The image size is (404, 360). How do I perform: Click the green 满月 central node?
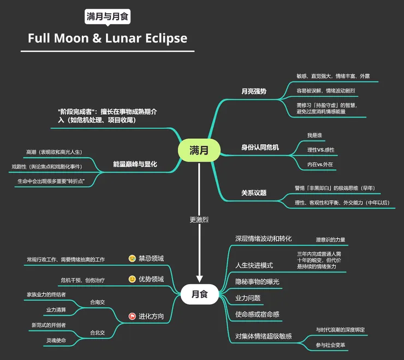[199, 150]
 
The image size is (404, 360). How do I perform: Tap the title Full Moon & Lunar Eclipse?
[108, 38]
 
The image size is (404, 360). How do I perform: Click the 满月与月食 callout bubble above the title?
[108, 16]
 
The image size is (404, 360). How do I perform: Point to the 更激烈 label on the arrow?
[199, 220]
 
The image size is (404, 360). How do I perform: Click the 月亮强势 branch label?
[254, 91]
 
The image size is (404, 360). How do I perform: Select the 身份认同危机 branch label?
[260, 147]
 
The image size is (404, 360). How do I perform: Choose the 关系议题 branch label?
[254, 192]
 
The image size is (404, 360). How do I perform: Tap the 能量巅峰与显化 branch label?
[135, 164]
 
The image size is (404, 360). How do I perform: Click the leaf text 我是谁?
[315, 135]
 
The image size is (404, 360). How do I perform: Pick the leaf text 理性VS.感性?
[321, 149]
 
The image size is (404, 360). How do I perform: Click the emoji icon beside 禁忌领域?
[132, 258]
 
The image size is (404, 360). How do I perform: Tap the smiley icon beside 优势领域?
[132, 279]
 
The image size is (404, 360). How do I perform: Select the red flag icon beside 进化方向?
[132, 316]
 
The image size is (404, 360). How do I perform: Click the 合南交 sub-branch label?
[97, 301]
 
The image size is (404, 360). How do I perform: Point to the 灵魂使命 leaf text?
[55, 340]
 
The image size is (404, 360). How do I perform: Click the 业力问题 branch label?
[248, 298]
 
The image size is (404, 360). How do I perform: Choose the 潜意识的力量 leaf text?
[330, 239]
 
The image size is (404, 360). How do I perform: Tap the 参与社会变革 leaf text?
[330, 345]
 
